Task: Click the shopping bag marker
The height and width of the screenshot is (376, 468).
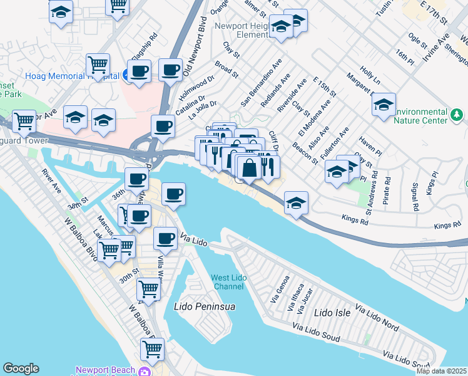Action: [x=249, y=168]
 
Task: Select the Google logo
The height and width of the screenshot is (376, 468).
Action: [x=21, y=368]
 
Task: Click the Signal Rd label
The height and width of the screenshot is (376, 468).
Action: [x=415, y=196]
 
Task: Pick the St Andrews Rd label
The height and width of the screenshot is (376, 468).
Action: [x=370, y=197]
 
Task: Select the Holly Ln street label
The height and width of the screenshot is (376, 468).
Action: [x=370, y=77]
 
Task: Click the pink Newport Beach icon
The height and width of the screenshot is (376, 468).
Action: [x=145, y=372]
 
